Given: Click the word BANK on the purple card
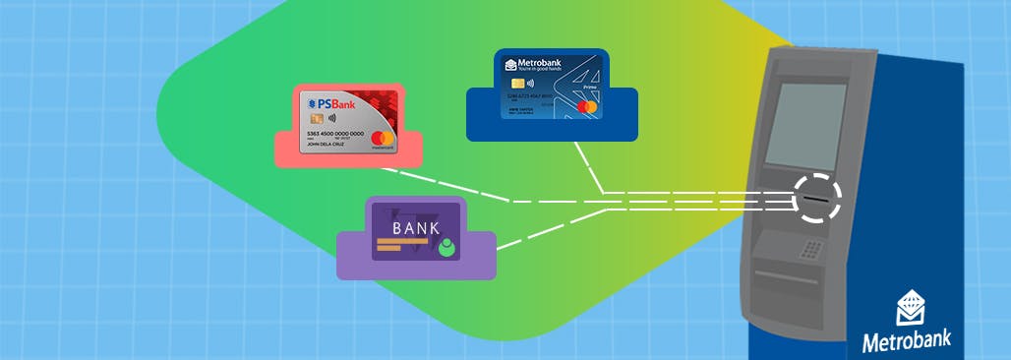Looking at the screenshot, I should tap(416, 227).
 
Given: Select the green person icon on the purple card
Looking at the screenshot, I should tap(447, 247).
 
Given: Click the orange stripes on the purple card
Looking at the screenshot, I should tap(399, 246).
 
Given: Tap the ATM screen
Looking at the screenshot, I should tap(804, 125).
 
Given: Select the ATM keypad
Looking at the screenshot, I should tap(811, 249).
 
